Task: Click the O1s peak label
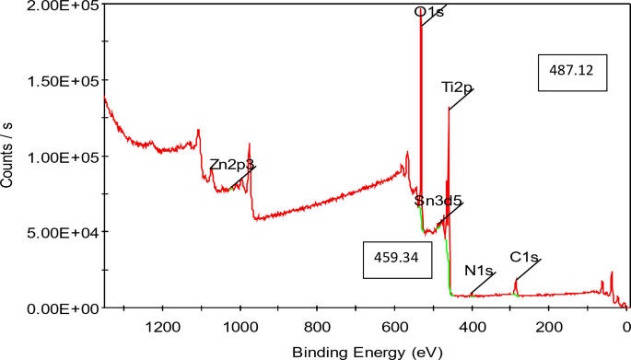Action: click(430, 13)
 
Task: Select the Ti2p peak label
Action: click(457, 87)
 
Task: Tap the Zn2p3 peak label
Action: click(231, 164)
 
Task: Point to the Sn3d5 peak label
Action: click(438, 200)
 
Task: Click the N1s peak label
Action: click(479, 271)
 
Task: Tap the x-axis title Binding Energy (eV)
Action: click(365, 351)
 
